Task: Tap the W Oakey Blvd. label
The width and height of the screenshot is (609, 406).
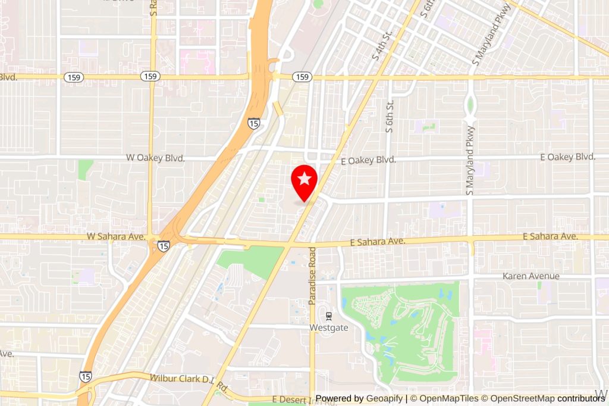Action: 156,158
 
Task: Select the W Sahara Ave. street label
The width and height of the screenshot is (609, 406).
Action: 116,236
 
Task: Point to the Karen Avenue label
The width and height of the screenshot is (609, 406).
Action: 531,276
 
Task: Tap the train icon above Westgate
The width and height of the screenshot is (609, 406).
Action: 328,316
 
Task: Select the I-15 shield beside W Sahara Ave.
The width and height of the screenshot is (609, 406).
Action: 164,245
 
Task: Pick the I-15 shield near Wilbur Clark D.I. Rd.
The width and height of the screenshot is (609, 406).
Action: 85,376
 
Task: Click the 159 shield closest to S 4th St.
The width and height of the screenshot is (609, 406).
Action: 303,77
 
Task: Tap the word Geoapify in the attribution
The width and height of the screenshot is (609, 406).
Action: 384,398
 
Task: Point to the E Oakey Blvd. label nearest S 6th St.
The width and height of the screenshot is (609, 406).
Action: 368,160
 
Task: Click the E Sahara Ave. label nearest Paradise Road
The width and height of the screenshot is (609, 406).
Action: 378,242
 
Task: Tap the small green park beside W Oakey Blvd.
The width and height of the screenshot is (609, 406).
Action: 86,169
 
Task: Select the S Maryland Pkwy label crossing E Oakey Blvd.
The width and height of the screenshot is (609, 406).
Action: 470,161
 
